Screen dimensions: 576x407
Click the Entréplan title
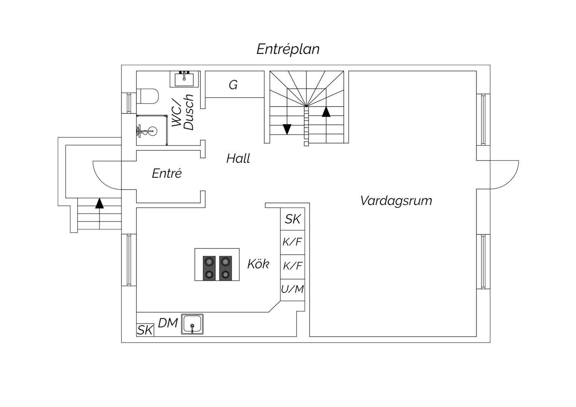click(x=288, y=49)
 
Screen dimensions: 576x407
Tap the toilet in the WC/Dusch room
click(x=147, y=96)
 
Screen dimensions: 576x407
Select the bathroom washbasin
click(x=184, y=79)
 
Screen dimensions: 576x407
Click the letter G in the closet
click(x=233, y=84)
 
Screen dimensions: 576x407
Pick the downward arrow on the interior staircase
click(x=287, y=129)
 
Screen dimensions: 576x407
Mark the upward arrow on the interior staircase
click(x=326, y=112)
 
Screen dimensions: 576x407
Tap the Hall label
click(x=238, y=158)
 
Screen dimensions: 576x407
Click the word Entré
click(x=167, y=173)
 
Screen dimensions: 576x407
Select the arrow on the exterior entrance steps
click(x=100, y=203)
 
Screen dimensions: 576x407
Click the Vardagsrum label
click(x=396, y=201)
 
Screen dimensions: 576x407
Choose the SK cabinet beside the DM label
click(x=145, y=330)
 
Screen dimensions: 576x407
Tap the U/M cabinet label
click(x=293, y=289)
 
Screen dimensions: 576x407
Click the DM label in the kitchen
click(x=168, y=323)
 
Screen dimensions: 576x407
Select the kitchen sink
click(x=192, y=324)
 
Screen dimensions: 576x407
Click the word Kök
click(x=258, y=264)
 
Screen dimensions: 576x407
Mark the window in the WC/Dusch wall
click(x=129, y=103)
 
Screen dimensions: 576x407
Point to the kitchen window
click(x=129, y=260)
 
